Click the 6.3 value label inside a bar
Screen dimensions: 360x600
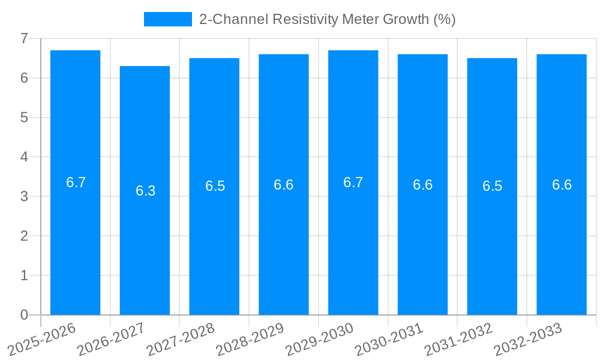[145, 191]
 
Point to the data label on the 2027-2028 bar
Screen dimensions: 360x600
[215, 186]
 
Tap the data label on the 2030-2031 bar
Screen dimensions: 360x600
[422, 185]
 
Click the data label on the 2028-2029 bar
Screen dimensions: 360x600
[283, 185]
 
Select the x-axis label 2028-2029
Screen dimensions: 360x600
[250, 340]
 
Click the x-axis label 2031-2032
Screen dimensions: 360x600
[458, 340]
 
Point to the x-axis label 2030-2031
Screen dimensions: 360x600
[389, 340]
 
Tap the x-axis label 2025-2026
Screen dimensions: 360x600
[41, 340]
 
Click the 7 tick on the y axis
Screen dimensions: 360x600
[24, 38]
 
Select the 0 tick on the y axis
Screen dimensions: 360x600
[24, 315]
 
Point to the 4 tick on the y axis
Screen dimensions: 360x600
[24, 157]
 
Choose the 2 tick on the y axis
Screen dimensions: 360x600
[24, 236]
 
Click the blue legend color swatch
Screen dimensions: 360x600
[167, 19]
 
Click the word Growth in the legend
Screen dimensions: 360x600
[407, 19]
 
